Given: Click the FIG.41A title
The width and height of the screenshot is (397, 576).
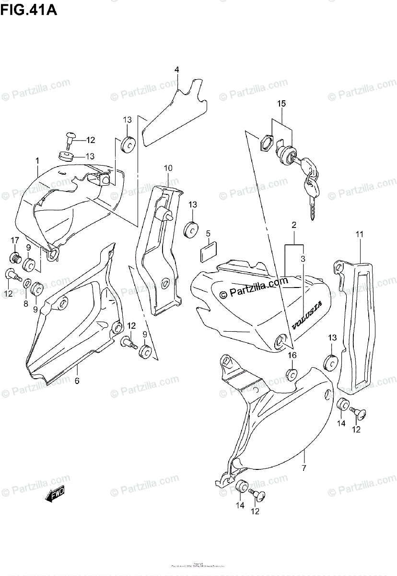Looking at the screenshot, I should pyautogui.click(x=28, y=10).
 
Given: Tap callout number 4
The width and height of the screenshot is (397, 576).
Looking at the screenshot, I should pyautogui.click(x=176, y=70).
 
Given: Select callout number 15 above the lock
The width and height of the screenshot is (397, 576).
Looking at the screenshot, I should pyautogui.click(x=281, y=104).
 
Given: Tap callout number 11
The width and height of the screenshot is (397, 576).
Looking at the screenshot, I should pyautogui.click(x=359, y=234).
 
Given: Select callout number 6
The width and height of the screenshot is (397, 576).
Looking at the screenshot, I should pyautogui.click(x=77, y=381).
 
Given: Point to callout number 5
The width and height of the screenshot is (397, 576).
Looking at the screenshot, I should pyautogui.click(x=208, y=234).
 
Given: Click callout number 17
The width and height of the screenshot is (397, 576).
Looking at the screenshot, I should pyautogui.click(x=15, y=240).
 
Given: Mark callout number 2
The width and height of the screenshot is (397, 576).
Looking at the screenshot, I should pyautogui.click(x=293, y=225).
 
